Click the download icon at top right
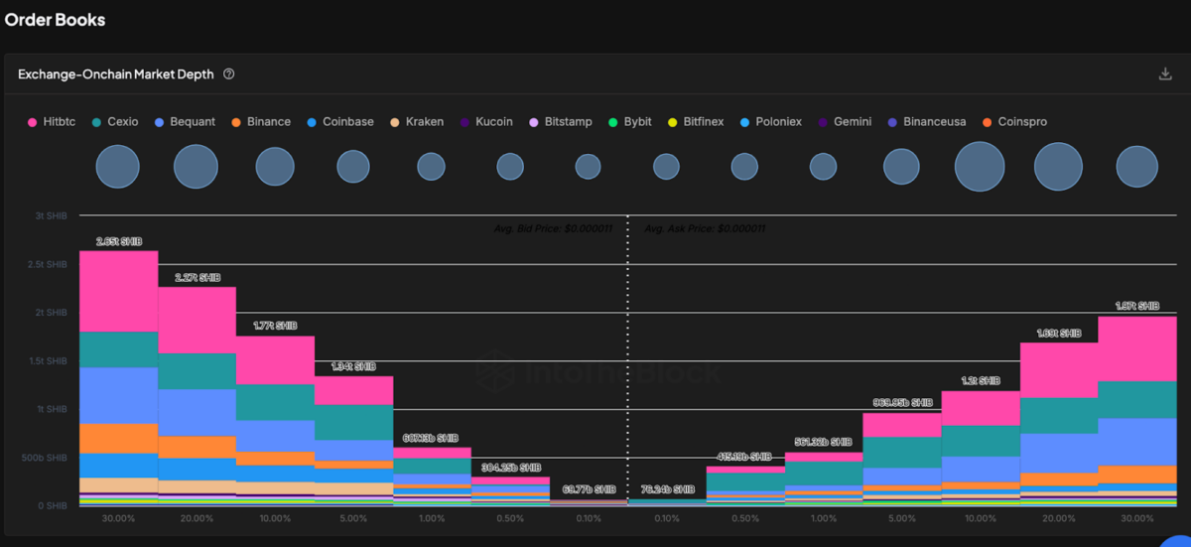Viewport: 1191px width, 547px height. [1165, 74]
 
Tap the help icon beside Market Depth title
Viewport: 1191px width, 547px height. [229, 74]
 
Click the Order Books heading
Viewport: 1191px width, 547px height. [56, 20]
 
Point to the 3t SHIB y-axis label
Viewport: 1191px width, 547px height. [50, 216]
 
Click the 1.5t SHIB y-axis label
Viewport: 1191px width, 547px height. [48, 361]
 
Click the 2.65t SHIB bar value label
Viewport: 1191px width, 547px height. [118, 241]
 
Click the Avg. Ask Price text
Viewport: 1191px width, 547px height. [705, 229]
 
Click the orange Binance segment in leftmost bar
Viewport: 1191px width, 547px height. [118, 439]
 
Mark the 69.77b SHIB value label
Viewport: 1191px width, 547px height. [589, 489]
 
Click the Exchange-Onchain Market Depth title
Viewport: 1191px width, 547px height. [115, 74]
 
